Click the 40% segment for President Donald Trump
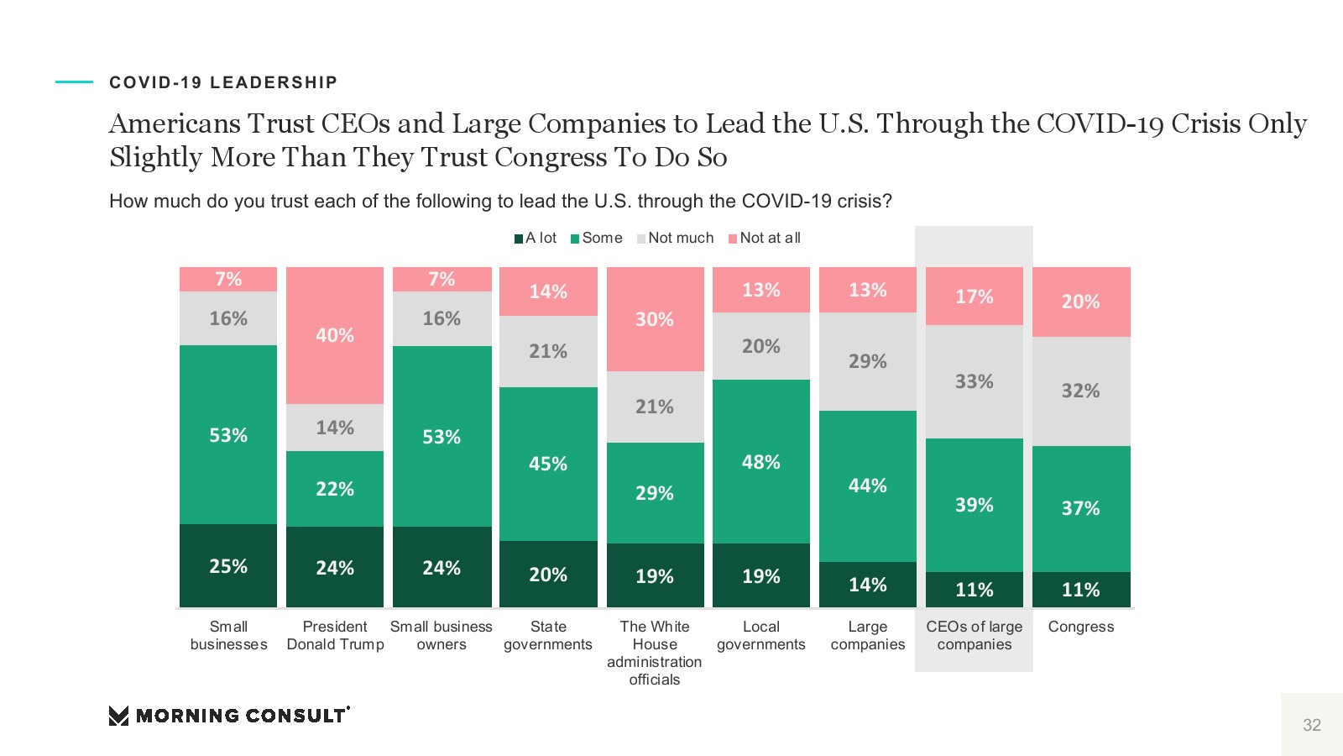[x=335, y=335]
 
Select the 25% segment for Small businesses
[x=228, y=565]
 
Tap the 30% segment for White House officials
[x=655, y=319]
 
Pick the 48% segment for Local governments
[x=761, y=461]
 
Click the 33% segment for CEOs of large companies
[x=974, y=381]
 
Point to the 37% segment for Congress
[x=1081, y=508]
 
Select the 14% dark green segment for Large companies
[x=868, y=584]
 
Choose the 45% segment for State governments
[x=548, y=463]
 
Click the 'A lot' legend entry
[x=536, y=239]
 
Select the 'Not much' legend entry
[x=676, y=239]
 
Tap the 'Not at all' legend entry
[x=765, y=239]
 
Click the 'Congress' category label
[x=1081, y=627]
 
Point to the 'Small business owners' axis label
[x=442, y=635]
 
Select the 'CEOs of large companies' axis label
[x=974, y=635]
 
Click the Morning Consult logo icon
[x=118, y=716]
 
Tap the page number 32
[x=1311, y=725]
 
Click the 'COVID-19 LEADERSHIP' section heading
[x=223, y=82]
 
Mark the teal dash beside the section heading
[x=74, y=81]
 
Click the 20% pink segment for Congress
[x=1081, y=302]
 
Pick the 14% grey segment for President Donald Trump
[x=335, y=428]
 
